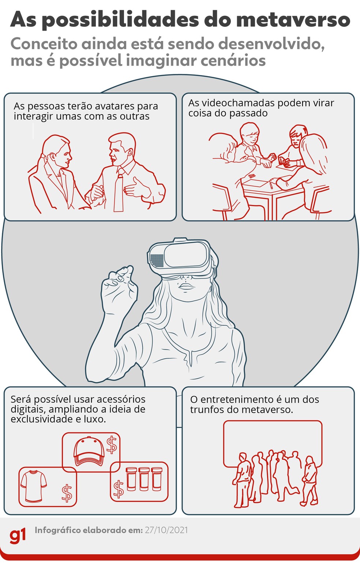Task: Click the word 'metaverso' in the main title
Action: click(293, 20)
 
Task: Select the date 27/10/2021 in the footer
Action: click(166, 530)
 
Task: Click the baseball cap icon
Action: click(89, 451)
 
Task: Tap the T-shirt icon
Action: click(33, 487)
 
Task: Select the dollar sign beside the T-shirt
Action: click(67, 493)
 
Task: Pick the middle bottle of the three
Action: click(144, 479)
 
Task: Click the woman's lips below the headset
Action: click(185, 287)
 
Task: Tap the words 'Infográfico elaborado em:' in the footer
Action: click(89, 530)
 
